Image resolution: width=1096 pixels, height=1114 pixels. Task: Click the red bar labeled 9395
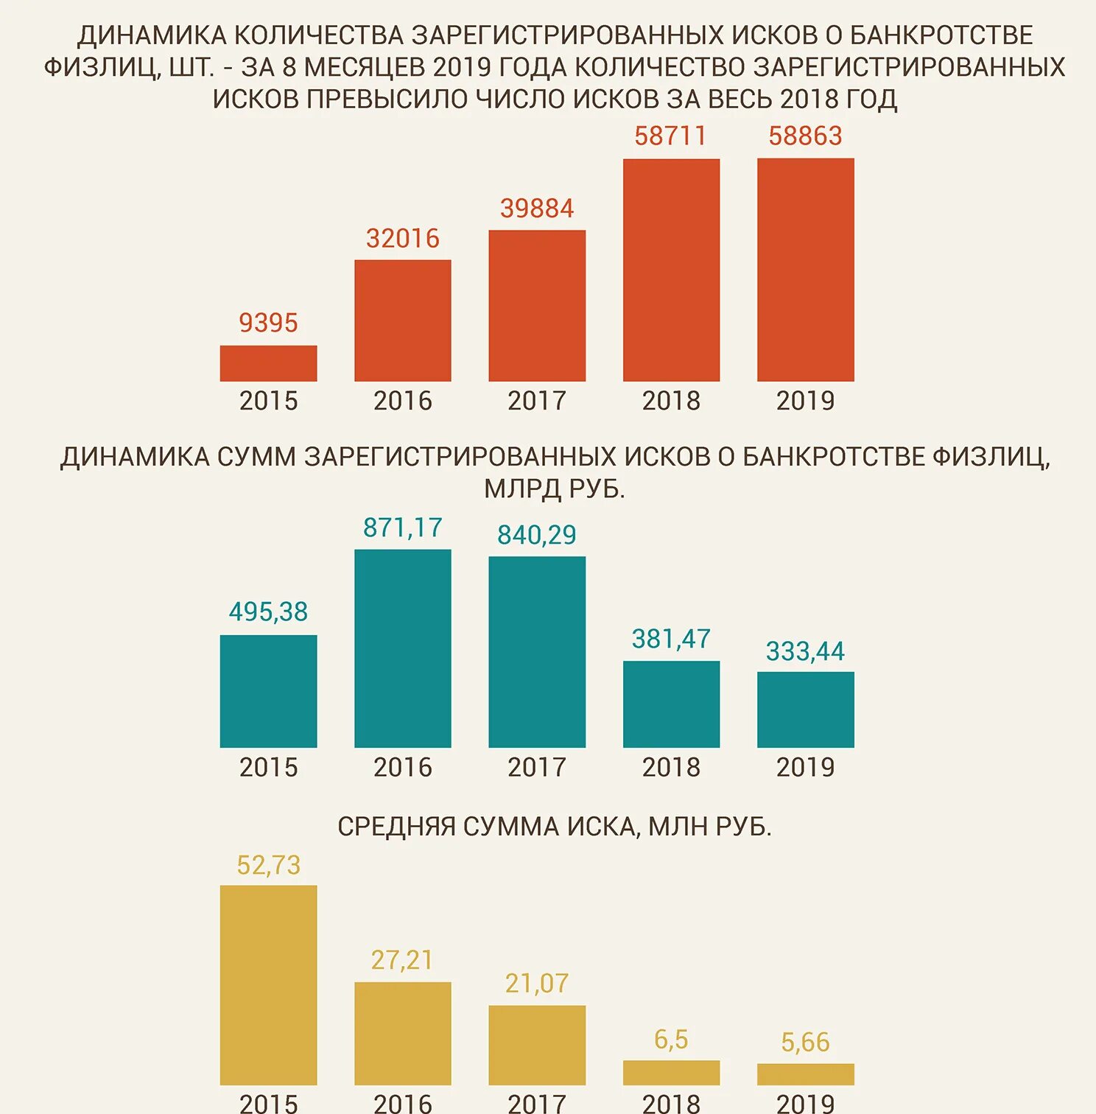[x=268, y=363]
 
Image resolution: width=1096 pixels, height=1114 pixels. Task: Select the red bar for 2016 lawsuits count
[x=402, y=320]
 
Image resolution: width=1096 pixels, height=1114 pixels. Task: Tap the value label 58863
[x=805, y=136]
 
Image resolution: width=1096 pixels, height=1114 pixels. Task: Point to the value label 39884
[x=537, y=209]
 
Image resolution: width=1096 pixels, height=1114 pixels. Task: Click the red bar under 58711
[x=671, y=270]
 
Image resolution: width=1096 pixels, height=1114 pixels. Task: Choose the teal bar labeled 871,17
[x=402, y=648]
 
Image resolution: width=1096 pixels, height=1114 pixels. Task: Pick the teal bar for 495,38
[x=268, y=691]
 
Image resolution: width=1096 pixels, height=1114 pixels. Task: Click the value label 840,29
[x=537, y=535]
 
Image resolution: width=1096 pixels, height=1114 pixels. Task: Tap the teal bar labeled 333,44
[x=805, y=710]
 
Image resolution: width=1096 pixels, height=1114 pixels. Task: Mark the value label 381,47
[x=671, y=639]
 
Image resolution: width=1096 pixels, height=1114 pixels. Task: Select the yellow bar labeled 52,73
[x=268, y=984]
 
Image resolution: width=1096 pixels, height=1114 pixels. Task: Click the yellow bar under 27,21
[x=402, y=1033]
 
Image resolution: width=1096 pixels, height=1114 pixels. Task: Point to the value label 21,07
[x=537, y=984]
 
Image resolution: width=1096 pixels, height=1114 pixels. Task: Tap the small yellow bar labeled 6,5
[x=671, y=1073]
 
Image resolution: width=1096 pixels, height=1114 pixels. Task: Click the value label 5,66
[x=805, y=1043]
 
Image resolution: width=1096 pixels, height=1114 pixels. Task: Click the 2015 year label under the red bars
[x=268, y=401]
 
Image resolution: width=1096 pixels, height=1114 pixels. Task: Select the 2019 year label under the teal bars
[x=805, y=768]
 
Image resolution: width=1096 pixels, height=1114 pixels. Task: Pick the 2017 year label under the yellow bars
[x=537, y=1103]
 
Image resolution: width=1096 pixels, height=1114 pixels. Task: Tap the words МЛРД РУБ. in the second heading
[x=554, y=488]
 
